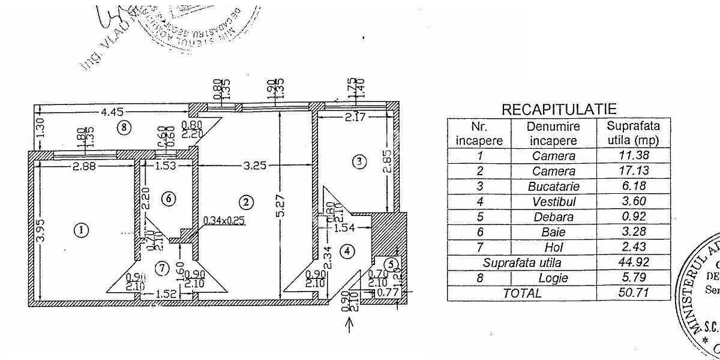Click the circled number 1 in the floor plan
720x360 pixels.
(x=82, y=230)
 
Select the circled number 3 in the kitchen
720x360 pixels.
(x=358, y=161)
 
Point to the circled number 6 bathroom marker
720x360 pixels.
(x=168, y=198)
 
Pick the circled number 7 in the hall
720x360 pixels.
(x=161, y=268)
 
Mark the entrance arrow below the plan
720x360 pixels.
(x=351, y=325)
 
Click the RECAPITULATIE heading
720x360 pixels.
(x=559, y=109)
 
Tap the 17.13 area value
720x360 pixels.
(x=633, y=171)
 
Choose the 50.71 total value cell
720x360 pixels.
(x=633, y=293)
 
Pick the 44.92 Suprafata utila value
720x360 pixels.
(x=633, y=262)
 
